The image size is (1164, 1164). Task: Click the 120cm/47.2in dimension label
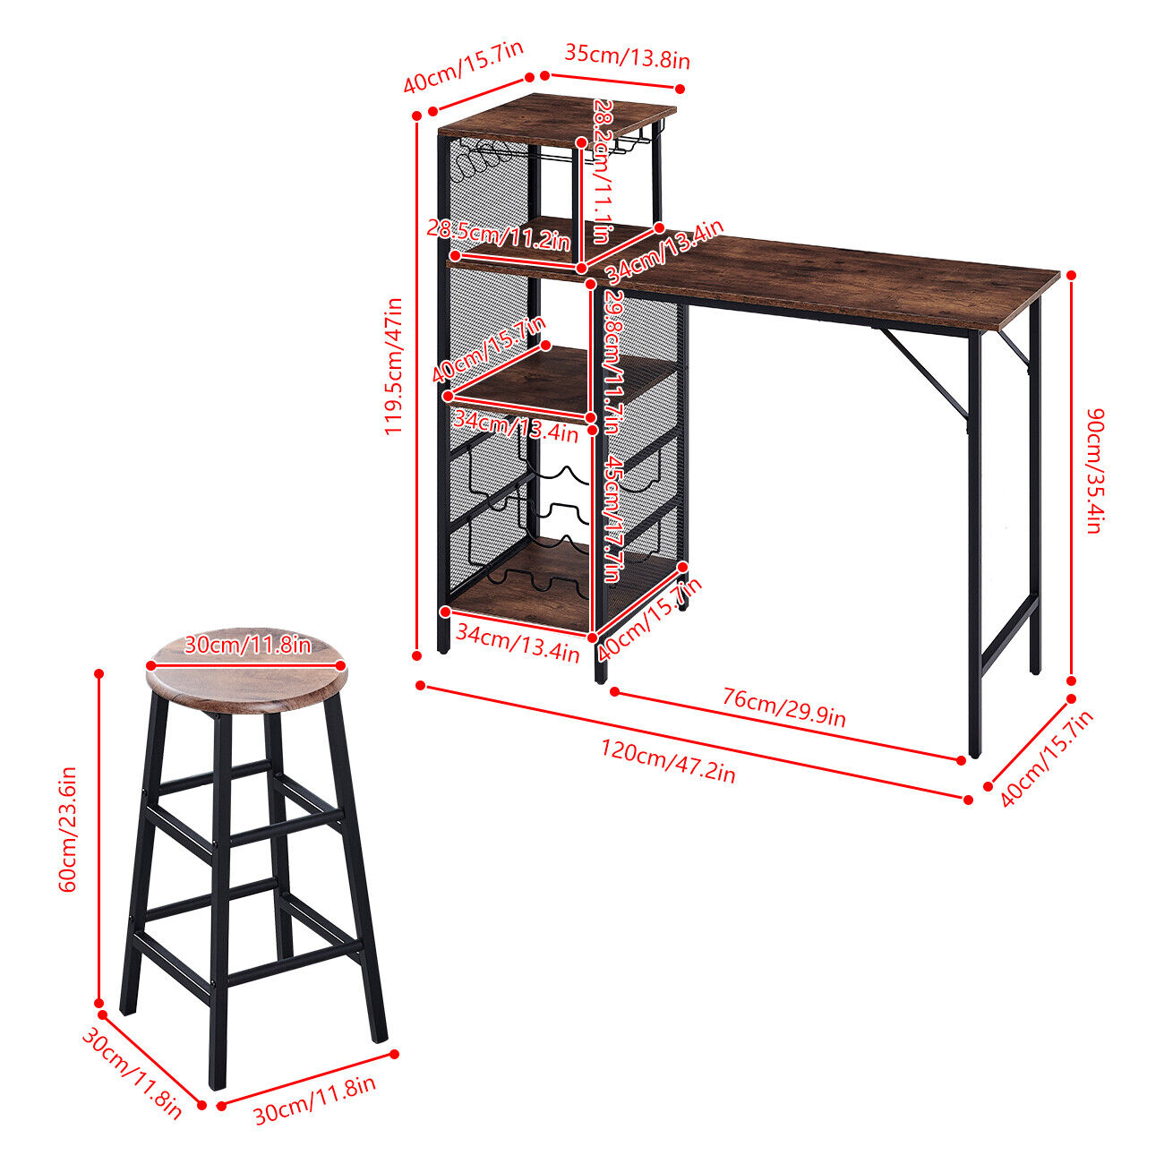[x=667, y=762]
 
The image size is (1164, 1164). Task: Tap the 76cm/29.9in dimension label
[x=784, y=706]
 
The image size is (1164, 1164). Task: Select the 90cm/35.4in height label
[x=1095, y=471]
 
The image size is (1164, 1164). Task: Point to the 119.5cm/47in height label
[x=394, y=365]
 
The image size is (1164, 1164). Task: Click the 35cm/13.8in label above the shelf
[x=627, y=56]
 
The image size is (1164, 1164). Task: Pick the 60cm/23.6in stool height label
[x=67, y=829]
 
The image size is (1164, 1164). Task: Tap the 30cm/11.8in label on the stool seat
[x=248, y=645]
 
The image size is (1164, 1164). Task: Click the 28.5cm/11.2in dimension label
[x=499, y=235]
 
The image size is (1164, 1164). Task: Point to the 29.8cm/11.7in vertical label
[x=611, y=361]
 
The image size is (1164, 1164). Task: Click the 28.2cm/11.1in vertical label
[x=603, y=171]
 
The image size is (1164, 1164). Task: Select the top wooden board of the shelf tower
[x=557, y=119]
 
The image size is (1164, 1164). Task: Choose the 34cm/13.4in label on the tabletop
[x=663, y=251]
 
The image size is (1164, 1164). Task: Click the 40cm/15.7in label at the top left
[x=463, y=66]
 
